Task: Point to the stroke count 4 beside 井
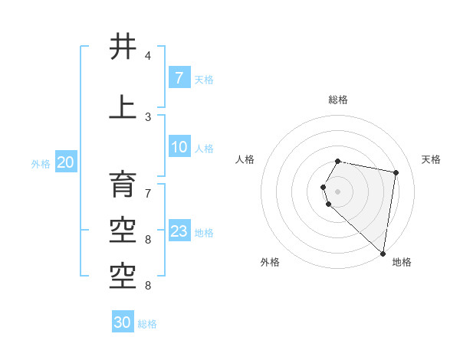pyautogui.click(x=148, y=56)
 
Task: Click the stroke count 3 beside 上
pyautogui.click(x=148, y=116)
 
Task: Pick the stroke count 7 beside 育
pyautogui.click(x=148, y=186)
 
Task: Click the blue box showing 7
pyautogui.click(x=179, y=78)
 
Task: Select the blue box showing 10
pyautogui.click(x=179, y=147)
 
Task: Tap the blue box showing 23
pyautogui.click(x=179, y=231)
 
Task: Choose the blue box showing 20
pyautogui.click(x=66, y=162)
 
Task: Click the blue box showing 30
pyautogui.click(x=123, y=322)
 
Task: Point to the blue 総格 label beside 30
pyautogui.click(x=147, y=324)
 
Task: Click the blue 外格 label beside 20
pyautogui.click(x=41, y=163)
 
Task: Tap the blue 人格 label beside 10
pyautogui.click(x=204, y=148)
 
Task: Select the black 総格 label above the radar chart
pyautogui.click(x=337, y=100)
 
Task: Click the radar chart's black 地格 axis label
pyautogui.click(x=402, y=262)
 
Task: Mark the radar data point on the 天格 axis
pyautogui.click(x=396, y=172)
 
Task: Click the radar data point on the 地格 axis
pyautogui.click(x=383, y=254)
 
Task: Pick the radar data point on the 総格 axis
pyautogui.click(x=337, y=162)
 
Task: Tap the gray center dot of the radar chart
pyautogui.click(x=337, y=191)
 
